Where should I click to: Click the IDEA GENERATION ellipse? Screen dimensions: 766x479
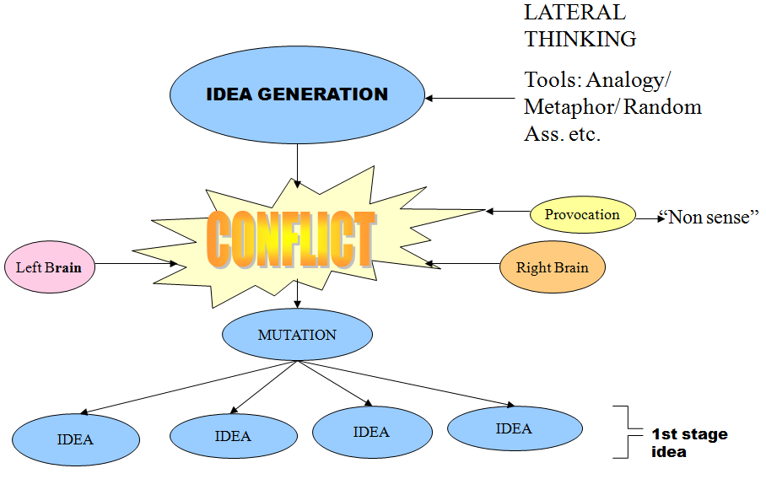click(x=297, y=94)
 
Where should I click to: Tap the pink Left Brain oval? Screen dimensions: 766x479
click(x=50, y=266)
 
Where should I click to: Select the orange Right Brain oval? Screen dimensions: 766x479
click(x=553, y=266)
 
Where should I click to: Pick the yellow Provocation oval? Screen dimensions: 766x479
click(x=583, y=214)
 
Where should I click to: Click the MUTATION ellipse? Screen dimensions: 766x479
click(x=297, y=335)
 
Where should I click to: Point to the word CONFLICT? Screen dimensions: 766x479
click(x=291, y=239)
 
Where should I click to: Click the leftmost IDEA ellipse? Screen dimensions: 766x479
click(x=76, y=439)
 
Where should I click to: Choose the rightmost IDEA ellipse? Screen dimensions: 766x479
click(x=515, y=428)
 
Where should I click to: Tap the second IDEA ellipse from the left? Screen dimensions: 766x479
click(x=234, y=435)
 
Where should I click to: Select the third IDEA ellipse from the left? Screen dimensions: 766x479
click(x=372, y=432)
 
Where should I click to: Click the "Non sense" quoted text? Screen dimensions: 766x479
click(x=709, y=217)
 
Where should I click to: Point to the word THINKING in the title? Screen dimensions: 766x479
click(x=580, y=39)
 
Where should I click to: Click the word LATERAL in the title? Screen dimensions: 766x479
click(x=575, y=13)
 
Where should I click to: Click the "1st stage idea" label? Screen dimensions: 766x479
click(x=689, y=443)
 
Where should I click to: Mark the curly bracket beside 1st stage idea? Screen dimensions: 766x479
click(x=628, y=432)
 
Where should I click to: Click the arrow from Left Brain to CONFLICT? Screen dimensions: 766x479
click(x=137, y=264)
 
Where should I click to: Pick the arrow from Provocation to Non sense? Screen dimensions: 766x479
click(x=650, y=218)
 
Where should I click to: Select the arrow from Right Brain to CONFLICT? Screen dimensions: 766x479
click(x=462, y=264)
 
